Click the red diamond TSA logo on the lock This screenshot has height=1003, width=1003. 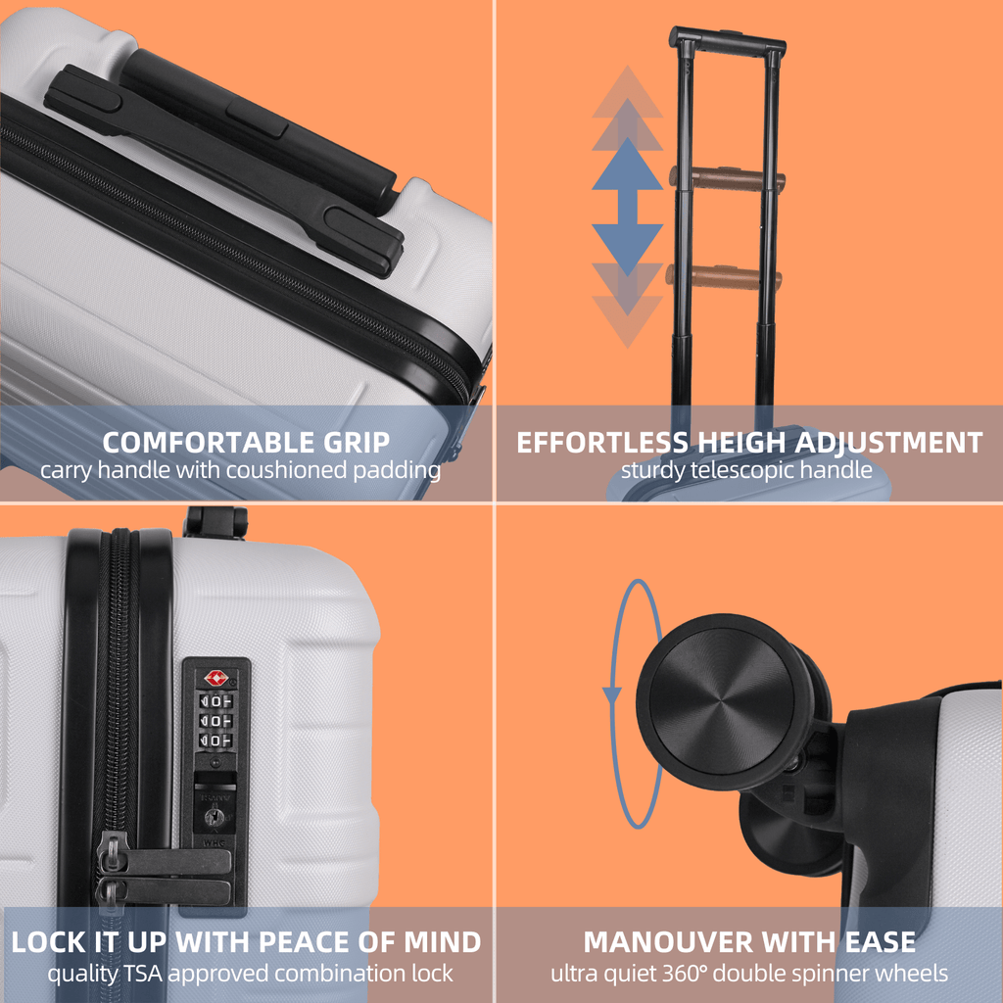pos(215,678)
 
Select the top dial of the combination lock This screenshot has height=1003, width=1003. pos(215,701)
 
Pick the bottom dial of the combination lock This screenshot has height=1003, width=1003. pos(215,740)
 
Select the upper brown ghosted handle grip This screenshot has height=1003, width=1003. pos(728,179)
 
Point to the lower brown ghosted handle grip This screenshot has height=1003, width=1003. pos(724,277)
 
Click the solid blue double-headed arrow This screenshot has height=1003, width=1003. pos(627,207)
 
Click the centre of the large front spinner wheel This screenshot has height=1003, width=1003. pos(722,700)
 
